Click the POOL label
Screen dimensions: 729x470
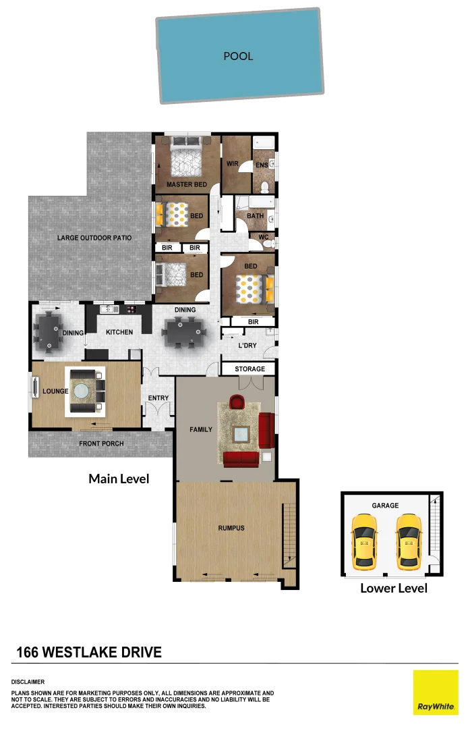pyautogui.click(x=238, y=56)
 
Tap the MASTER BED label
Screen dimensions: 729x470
pyautogui.click(x=186, y=184)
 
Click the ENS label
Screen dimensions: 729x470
pyautogui.click(x=261, y=165)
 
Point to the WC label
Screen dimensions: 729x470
pyautogui.click(x=263, y=237)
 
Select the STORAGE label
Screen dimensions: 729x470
pyautogui.click(x=249, y=369)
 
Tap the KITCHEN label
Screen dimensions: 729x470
pyautogui.click(x=119, y=332)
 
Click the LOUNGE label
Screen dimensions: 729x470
pyautogui.click(x=55, y=391)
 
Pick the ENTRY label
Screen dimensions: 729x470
pyautogui.click(x=158, y=398)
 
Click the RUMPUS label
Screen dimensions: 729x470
pyautogui.click(x=231, y=528)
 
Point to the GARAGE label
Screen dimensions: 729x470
pyautogui.click(x=385, y=505)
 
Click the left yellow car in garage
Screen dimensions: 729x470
pyautogui.click(x=364, y=539)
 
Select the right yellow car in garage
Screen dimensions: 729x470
pyautogui.click(x=409, y=540)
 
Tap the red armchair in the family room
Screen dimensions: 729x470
pyautogui.click(x=237, y=402)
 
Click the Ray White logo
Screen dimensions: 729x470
pyautogui.click(x=435, y=692)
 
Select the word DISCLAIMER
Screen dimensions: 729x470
pyautogui.click(x=28, y=682)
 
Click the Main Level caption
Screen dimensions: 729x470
pyautogui.click(x=119, y=479)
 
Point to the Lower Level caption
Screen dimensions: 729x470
pyautogui.click(x=394, y=588)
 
